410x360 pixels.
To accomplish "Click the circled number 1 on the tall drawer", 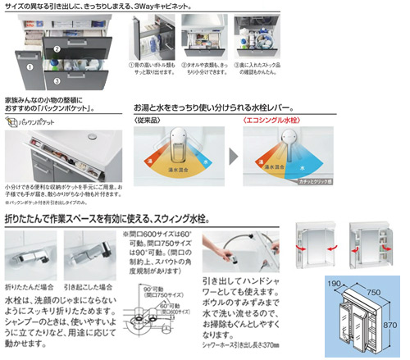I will click(30, 67).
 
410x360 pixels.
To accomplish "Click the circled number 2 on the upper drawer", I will click(57, 48).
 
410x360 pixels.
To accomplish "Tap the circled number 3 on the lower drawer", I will click(57, 80).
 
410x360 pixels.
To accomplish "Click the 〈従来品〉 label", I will click(146, 121).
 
